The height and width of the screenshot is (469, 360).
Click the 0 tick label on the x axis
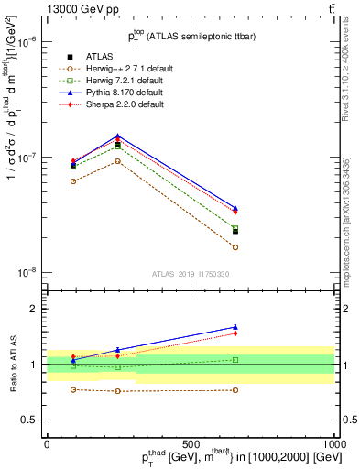(x=47, y=444)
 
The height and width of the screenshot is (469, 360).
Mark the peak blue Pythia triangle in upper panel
(x=117, y=136)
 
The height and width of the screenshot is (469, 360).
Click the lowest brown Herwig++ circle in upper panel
(x=235, y=247)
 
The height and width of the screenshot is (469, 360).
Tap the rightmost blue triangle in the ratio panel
(x=235, y=327)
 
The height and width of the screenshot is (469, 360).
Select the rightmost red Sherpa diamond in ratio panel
(x=235, y=333)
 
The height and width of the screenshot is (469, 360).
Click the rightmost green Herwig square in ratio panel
(x=235, y=360)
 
